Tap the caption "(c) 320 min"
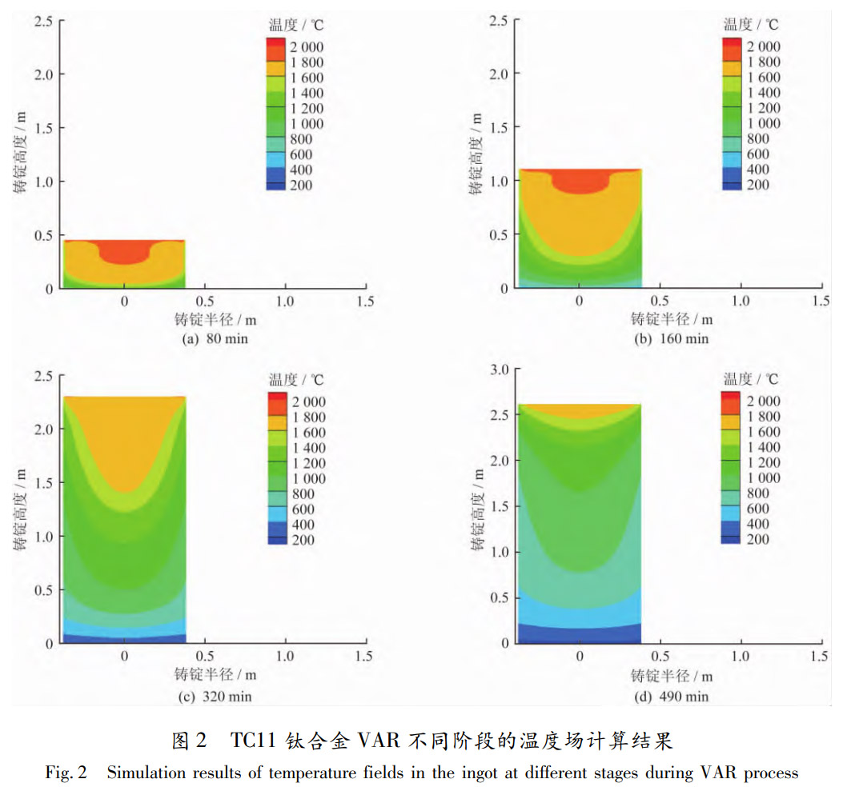pos(215,696)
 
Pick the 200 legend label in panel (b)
pos(757,185)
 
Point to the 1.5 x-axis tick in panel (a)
pos(365,302)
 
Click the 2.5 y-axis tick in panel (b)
pos(499,20)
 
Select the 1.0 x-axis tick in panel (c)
pos(285,656)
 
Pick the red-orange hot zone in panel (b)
pos(580,180)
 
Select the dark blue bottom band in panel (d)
pos(580,633)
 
